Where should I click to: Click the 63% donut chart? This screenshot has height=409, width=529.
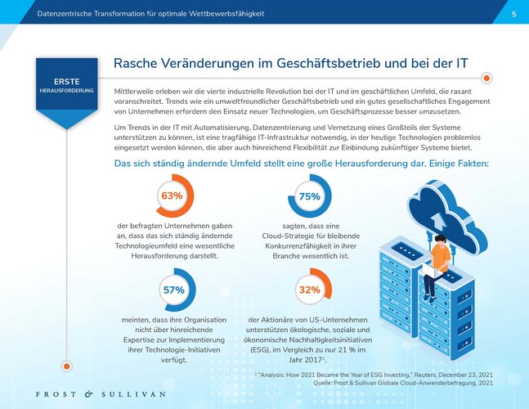pos(172,196)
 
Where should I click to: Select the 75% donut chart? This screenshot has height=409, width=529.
pos(309,196)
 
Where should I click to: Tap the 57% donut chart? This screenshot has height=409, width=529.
pos(174,290)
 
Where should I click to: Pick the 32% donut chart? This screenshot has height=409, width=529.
pos(309,290)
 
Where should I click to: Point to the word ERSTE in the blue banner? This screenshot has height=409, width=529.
pos(67,82)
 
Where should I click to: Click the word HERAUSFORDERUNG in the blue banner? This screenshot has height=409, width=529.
pos(67,90)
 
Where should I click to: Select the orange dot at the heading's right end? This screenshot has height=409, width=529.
pos(486,79)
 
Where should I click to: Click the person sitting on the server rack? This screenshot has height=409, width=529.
pos(440,260)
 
